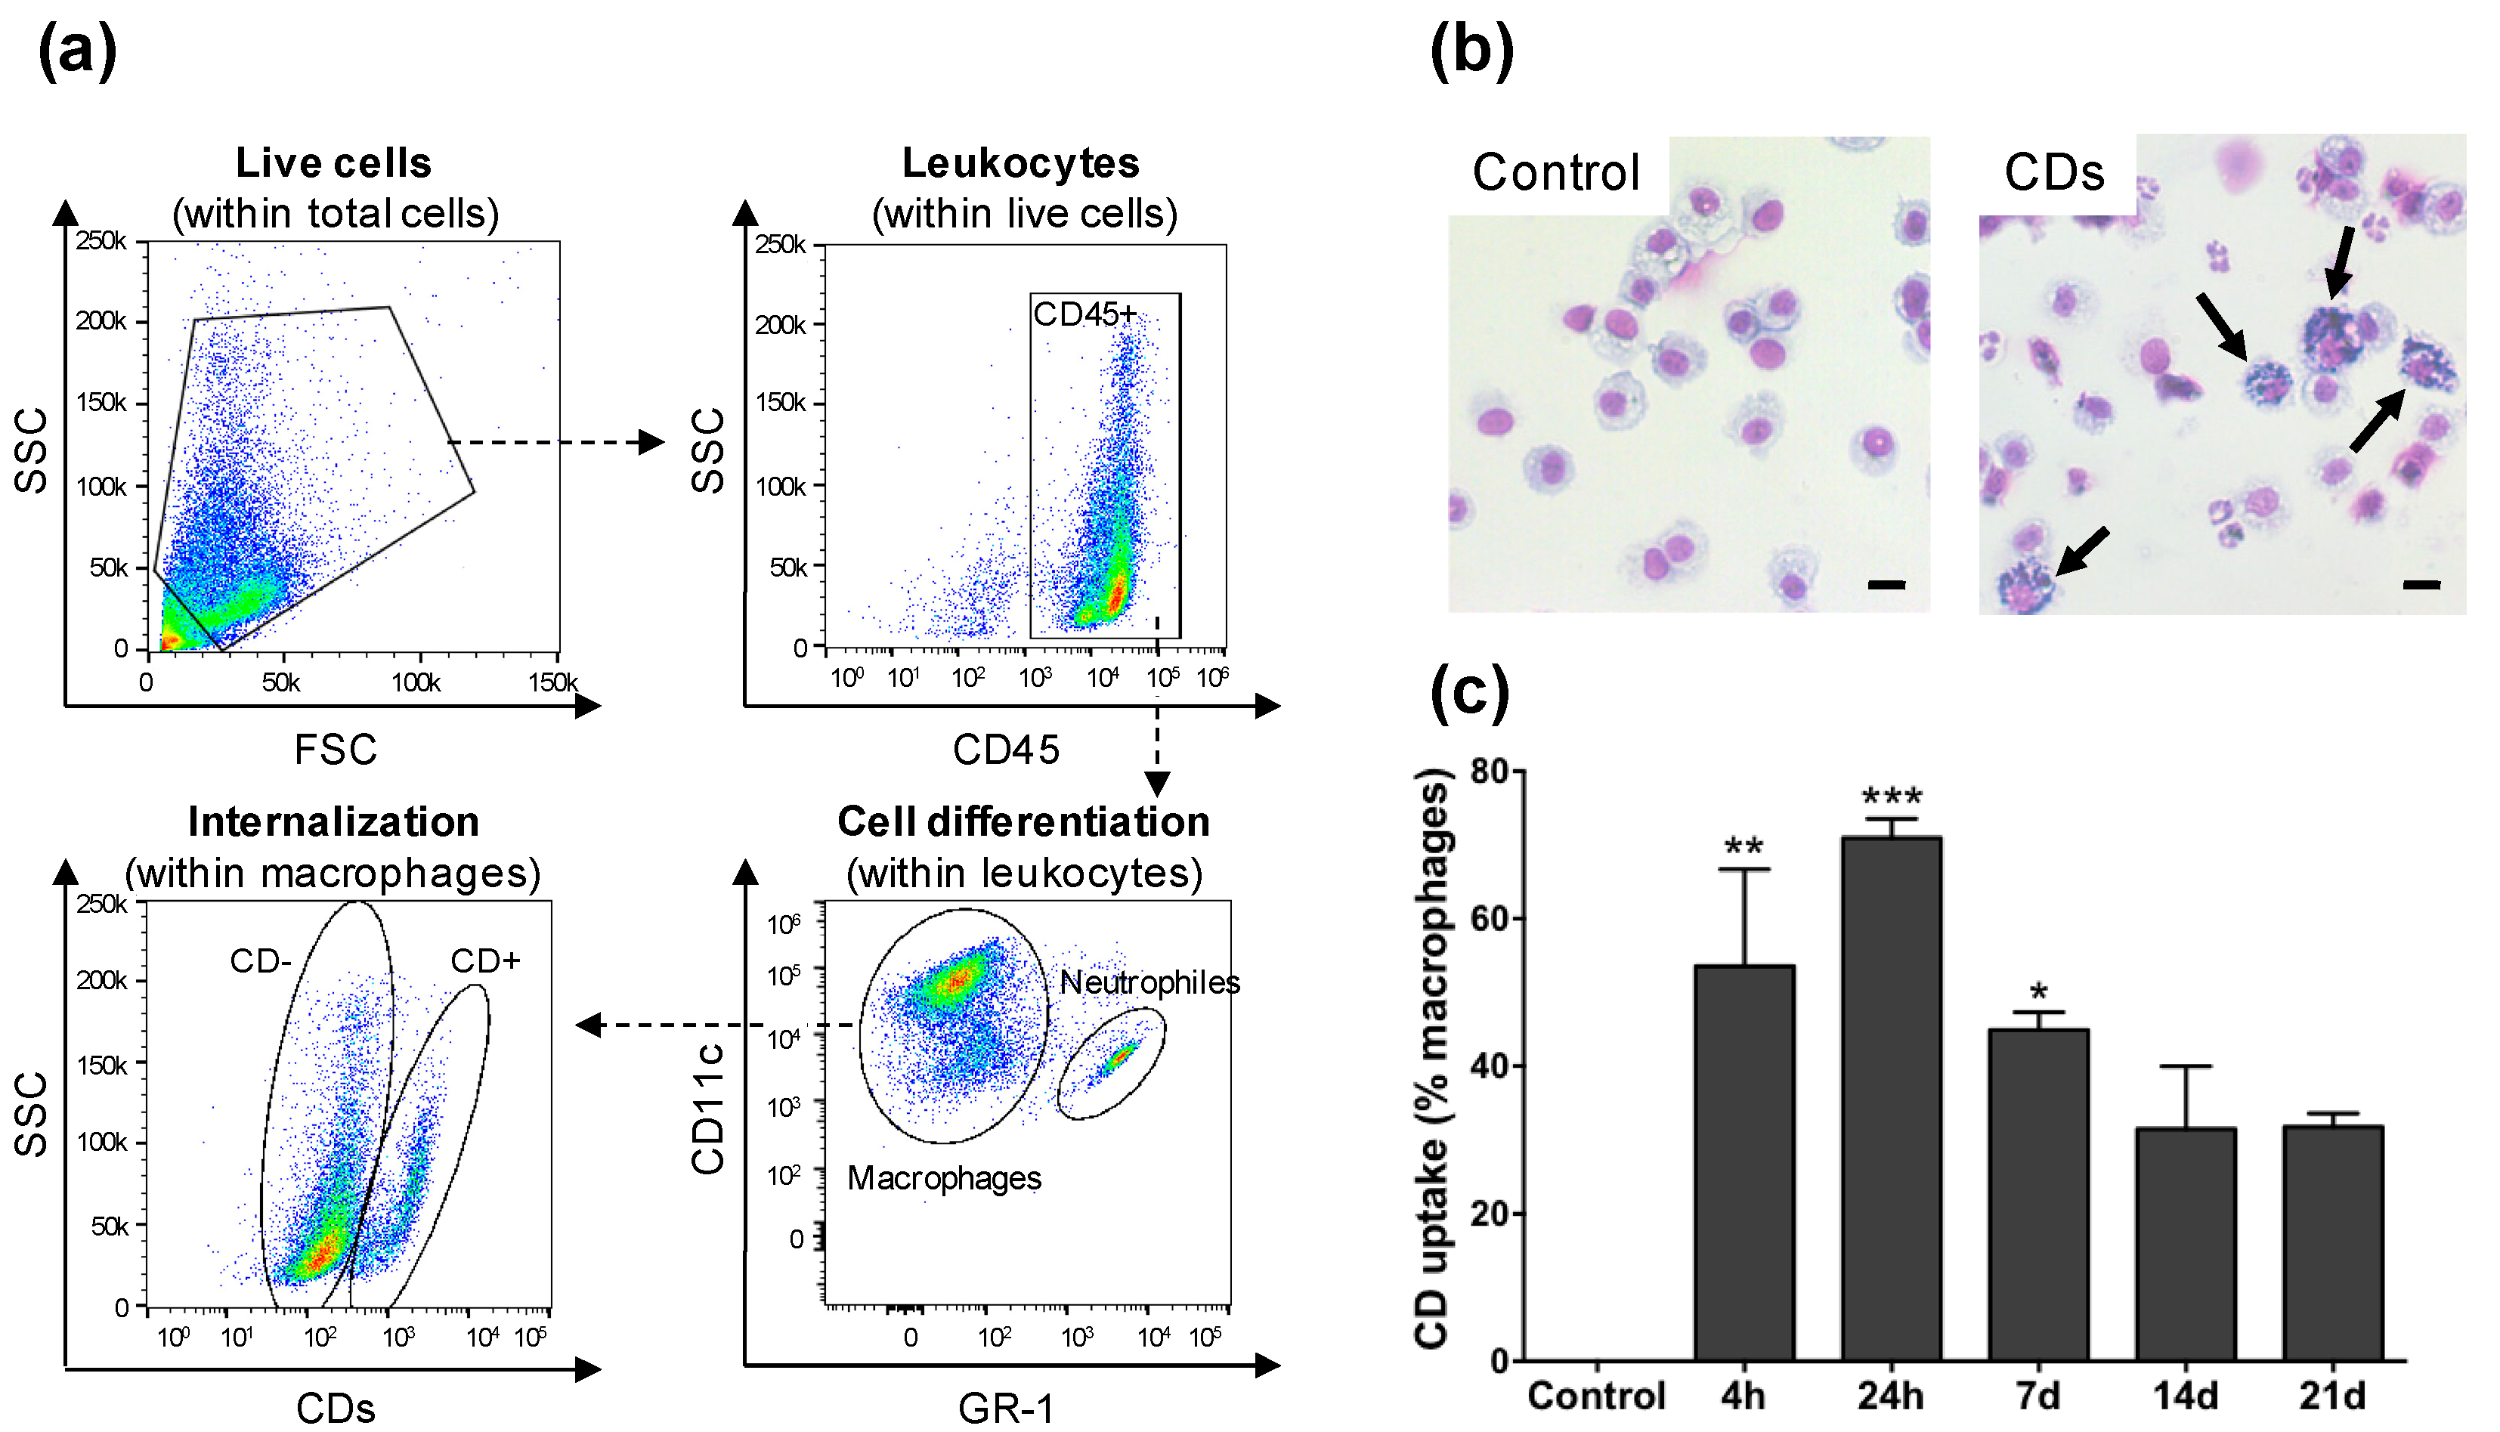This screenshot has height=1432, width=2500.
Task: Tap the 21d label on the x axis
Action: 2331,1396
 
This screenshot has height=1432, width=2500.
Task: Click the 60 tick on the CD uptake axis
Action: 1489,920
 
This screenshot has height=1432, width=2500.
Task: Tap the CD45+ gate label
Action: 1084,314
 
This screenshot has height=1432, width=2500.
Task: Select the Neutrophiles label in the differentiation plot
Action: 1149,982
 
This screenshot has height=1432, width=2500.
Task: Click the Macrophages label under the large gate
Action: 944,1178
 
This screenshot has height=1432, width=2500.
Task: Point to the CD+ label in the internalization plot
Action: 485,961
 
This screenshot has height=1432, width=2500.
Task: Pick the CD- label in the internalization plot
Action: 261,961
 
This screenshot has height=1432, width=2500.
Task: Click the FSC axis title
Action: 336,750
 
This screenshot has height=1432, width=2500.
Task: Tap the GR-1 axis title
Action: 1005,1409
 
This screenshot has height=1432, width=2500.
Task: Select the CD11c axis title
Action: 708,1109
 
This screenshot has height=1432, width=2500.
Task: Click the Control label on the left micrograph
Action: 1556,173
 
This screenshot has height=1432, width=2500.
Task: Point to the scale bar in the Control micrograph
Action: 1886,585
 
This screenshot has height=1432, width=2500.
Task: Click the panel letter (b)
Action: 1471,51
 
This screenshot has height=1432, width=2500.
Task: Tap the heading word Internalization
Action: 333,822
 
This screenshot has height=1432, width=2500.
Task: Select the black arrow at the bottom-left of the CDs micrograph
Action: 2083,551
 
